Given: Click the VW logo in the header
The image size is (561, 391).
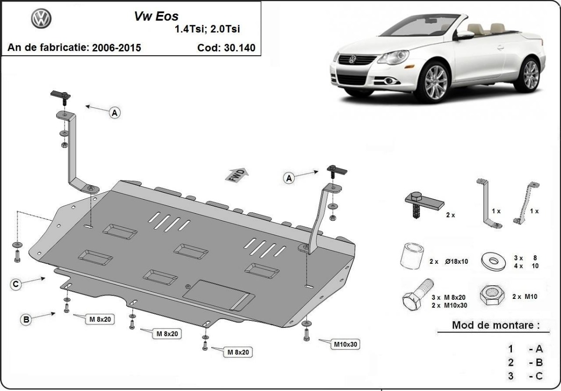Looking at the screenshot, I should click(41, 19).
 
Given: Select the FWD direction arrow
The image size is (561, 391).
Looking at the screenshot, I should click(237, 174).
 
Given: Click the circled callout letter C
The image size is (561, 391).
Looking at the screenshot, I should click(16, 284).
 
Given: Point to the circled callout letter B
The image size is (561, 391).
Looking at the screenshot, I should click(27, 320).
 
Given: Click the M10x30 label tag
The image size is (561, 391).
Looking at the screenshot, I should click(345, 344).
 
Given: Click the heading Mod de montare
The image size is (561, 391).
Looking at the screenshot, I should click(495, 325).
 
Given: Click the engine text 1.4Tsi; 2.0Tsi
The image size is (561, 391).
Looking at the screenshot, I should click(207, 29).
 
